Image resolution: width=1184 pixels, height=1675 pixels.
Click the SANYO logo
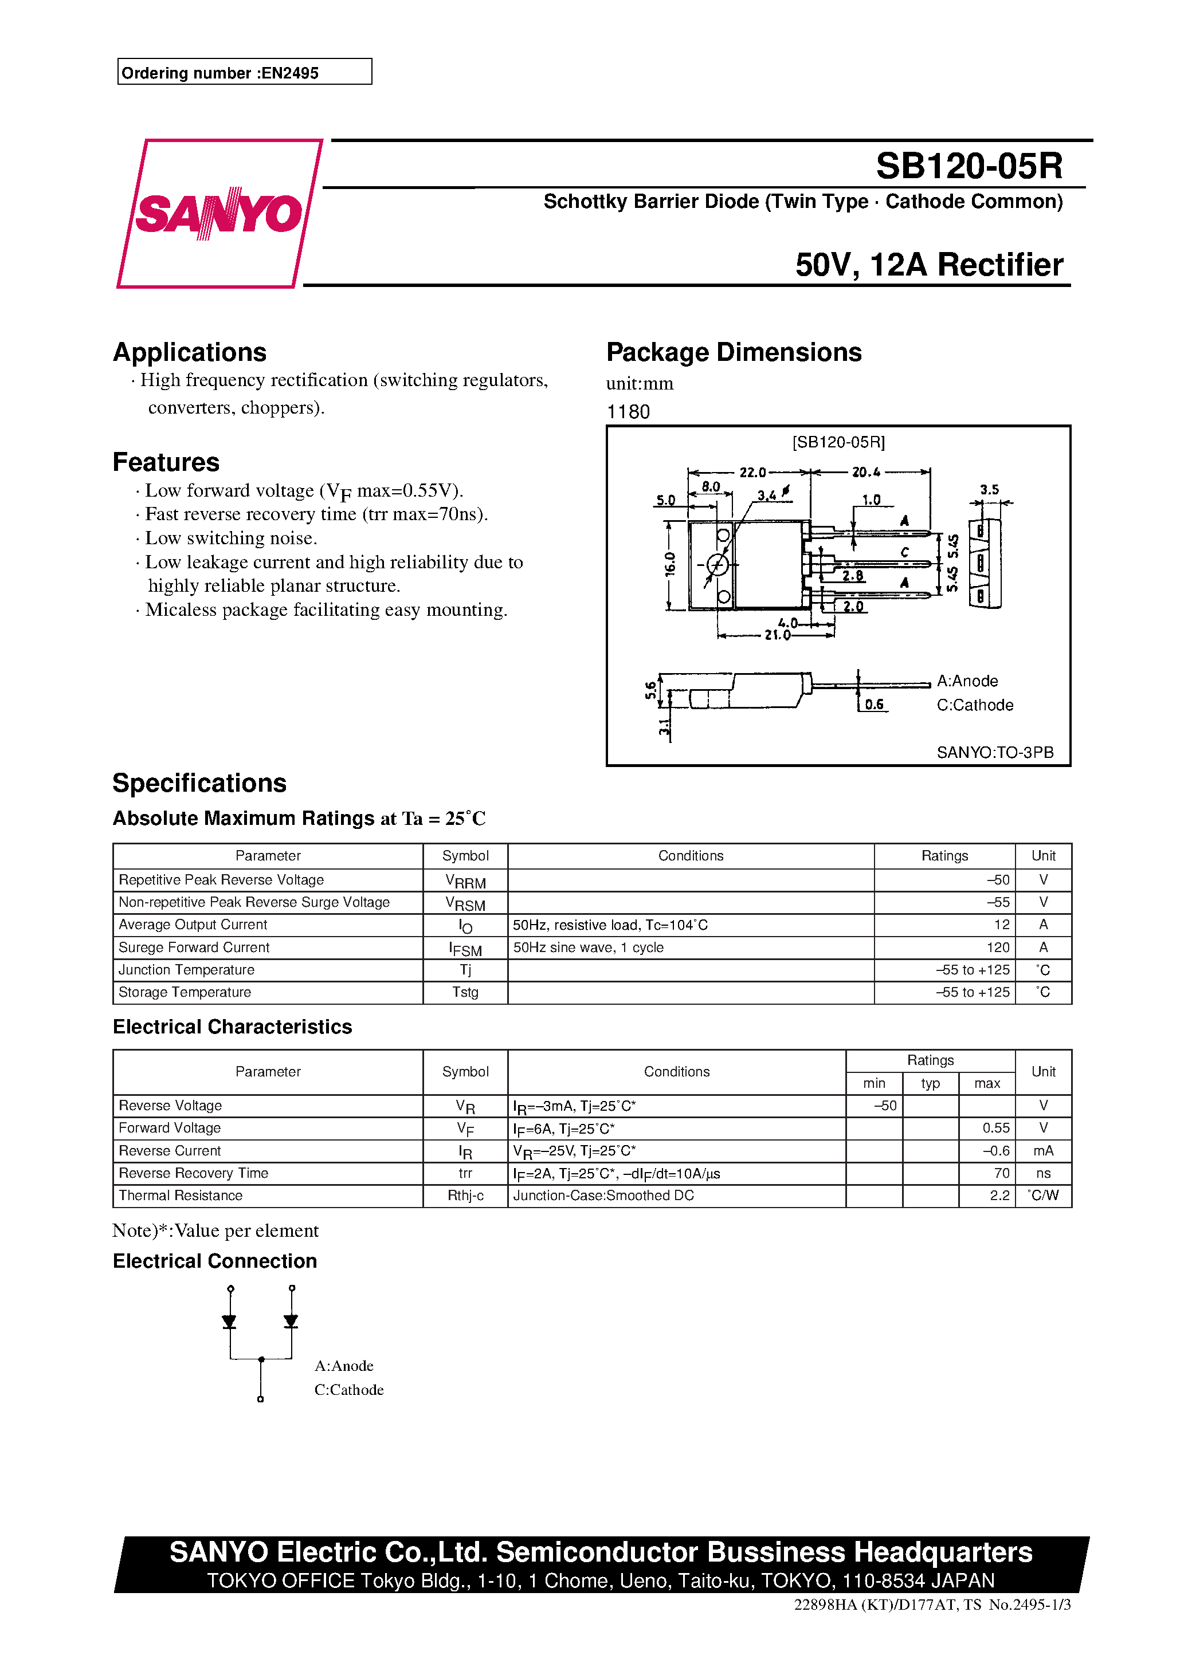[x=218, y=213]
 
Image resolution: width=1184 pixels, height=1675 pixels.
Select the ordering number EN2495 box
[x=245, y=72]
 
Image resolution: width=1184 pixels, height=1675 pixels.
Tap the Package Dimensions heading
[x=734, y=352]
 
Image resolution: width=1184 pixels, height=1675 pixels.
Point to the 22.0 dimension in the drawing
[x=752, y=472]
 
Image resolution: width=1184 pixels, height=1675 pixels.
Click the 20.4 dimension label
[x=866, y=472]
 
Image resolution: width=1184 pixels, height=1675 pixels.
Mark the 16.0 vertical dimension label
[x=670, y=563]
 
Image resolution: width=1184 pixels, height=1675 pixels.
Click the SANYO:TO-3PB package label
[x=995, y=752]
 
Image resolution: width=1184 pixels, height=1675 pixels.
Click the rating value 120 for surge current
[x=998, y=947]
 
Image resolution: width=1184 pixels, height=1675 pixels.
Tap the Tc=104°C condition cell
[x=610, y=925]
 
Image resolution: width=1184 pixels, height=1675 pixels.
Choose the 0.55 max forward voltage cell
[x=995, y=1128]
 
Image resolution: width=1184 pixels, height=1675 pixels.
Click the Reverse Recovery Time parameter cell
[x=194, y=1173]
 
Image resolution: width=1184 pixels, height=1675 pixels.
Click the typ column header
[x=930, y=1083]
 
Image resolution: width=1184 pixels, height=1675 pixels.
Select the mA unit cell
[x=1043, y=1150]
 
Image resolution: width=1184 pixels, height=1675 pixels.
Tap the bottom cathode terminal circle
[x=261, y=1399]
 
